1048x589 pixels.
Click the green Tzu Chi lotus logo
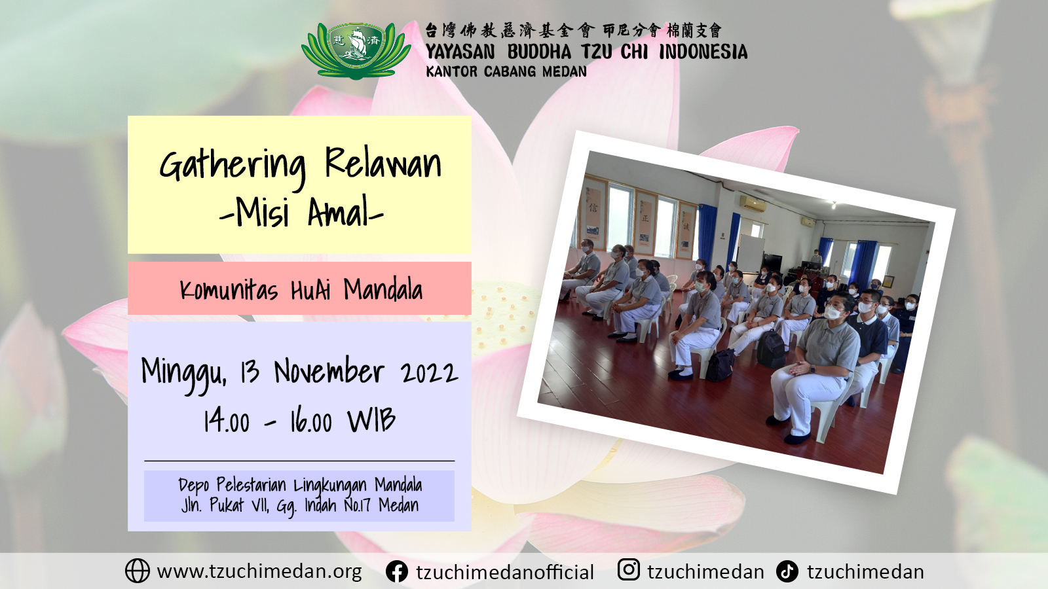pyautogui.click(x=356, y=50)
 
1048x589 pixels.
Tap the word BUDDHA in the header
pyautogui.click(x=539, y=52)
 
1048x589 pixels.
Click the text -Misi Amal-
pyautogui.click(x=301, y=213)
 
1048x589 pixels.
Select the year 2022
pyautogui.click(x=428, y=372)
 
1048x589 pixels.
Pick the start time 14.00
pyautogui.click(x=227, y=421)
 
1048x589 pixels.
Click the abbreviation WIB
pyautogui.click(x=371, y=420)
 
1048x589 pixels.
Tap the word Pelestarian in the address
pyautogui.click(x=251, y=485)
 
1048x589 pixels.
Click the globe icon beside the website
pyautogui.click(x=138, y=571)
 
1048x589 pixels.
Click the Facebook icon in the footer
pyautogui.click(x=397, y=571)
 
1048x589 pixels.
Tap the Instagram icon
pyautogui.click(x=629, y=570)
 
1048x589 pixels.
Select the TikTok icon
pyautogui.click(x=787, y=571)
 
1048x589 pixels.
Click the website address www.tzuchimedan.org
pyautogui.click(x=259, y=572)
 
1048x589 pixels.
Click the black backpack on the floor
pyautogui.click(x=770, y=349)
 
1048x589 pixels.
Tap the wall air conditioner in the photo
pyautogui.click(x=753, y=204)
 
